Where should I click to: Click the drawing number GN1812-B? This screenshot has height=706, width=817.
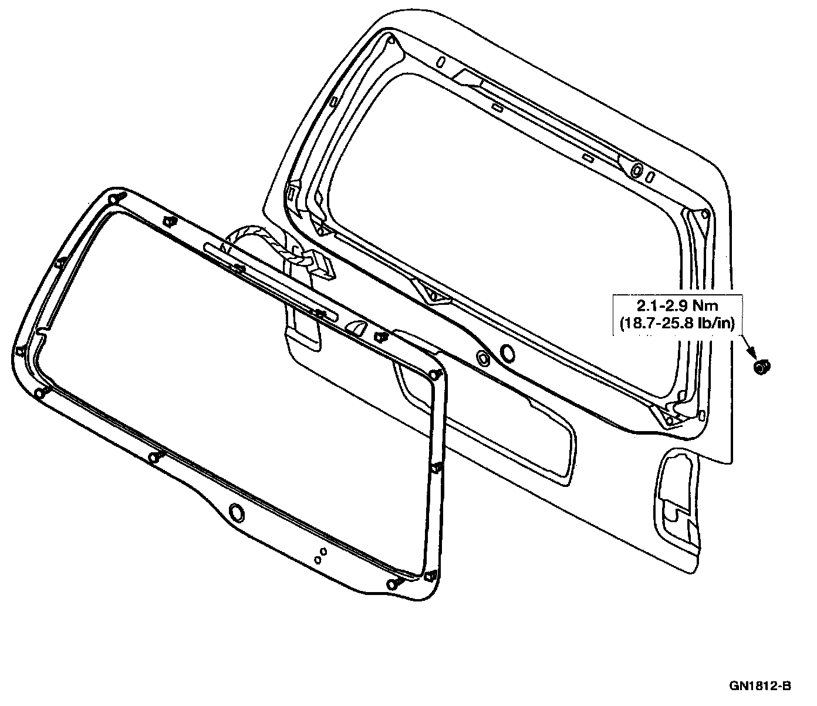761,685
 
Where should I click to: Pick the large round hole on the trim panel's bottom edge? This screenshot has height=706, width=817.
237,513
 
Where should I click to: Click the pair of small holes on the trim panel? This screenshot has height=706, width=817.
320,555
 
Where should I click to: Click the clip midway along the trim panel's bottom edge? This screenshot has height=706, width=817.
154,457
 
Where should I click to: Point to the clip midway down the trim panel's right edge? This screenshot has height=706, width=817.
437,468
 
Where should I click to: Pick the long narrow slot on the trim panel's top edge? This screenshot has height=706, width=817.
270,281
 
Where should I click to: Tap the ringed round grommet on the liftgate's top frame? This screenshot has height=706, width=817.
637,169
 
